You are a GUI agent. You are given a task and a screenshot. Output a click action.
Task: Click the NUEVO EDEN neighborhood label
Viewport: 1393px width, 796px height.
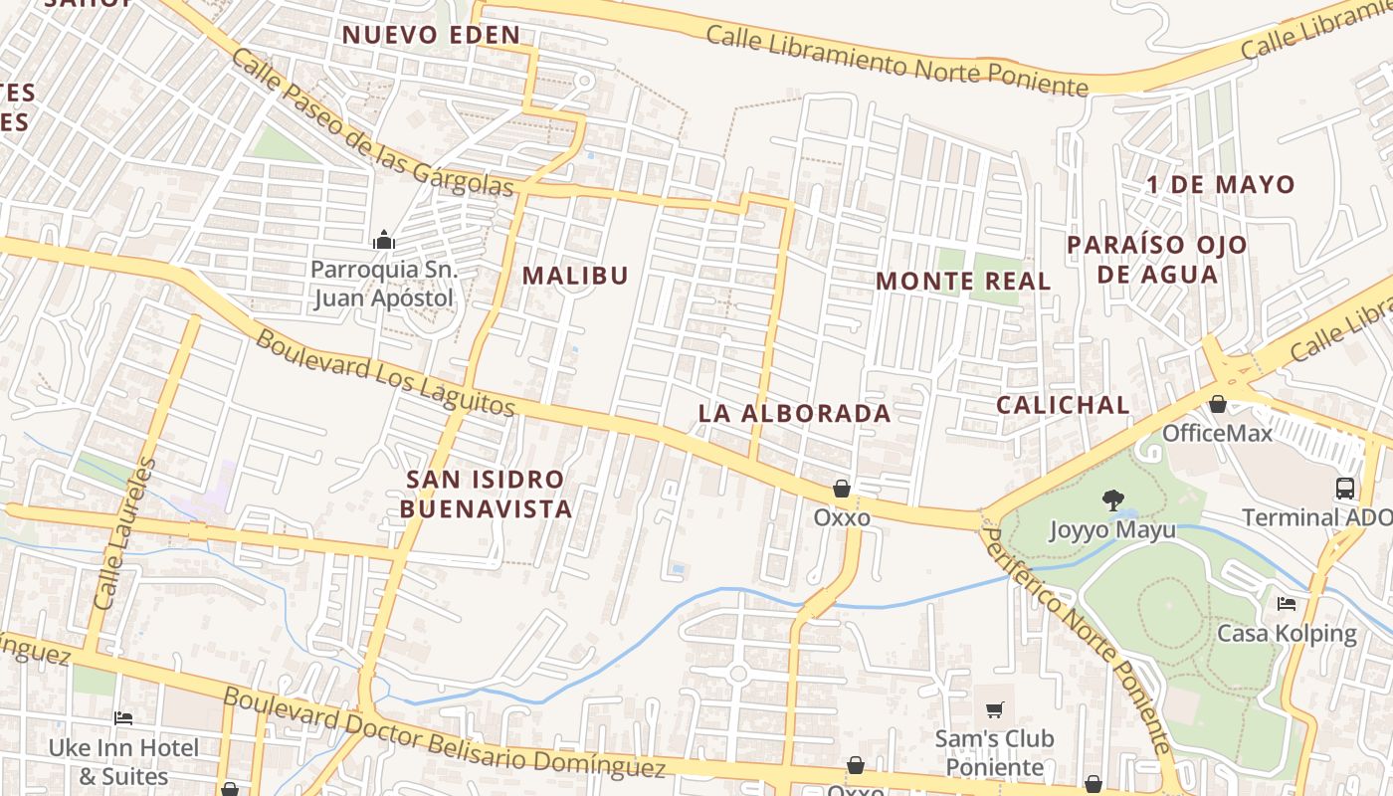point(431,35)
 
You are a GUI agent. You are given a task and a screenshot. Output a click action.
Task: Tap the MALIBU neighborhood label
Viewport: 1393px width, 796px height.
point(575,276)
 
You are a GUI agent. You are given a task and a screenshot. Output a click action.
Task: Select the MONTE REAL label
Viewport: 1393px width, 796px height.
point(963,282)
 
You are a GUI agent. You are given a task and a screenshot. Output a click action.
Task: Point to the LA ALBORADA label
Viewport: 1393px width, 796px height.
point(794,413)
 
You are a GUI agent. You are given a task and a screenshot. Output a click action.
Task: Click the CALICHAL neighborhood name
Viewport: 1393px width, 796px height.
point(1063,405)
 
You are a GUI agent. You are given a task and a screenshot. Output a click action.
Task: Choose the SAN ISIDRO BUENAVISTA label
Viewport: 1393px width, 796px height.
point(488,494)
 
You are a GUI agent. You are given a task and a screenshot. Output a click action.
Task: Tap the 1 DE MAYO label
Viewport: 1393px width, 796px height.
point(1220,185)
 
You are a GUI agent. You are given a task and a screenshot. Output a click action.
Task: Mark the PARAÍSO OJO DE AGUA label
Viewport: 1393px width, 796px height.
point(1157,259)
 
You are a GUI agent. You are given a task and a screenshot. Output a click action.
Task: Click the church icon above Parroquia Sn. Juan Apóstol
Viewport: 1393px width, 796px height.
point(383,240)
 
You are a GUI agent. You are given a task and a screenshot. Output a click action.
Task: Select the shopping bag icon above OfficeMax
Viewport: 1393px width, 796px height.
point(1217,404)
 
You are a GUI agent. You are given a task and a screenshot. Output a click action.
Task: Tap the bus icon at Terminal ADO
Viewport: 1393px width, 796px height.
point(1344,488)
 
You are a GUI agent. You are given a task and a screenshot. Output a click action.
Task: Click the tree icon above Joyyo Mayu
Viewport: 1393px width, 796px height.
point(1112,499)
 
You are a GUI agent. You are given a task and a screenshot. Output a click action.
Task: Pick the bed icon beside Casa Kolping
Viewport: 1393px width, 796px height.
point(1287,604)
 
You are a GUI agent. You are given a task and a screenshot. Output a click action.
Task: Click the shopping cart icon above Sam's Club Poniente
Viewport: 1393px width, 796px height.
point(994,709)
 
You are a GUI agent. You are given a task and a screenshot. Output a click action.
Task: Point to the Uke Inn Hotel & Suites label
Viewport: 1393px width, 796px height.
point(125,761)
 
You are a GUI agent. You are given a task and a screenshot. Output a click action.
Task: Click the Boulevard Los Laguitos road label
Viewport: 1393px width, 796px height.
point(385,373)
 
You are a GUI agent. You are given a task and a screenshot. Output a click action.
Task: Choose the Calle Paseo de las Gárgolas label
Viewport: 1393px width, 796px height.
point(372,122)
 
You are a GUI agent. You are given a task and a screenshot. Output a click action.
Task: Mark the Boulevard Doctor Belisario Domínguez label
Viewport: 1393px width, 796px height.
point(443,733)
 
